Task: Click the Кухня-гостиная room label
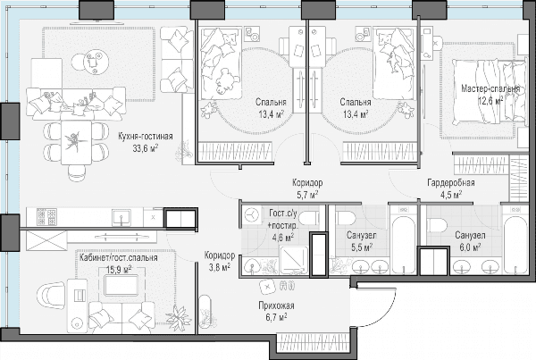146,137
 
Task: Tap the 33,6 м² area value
146,148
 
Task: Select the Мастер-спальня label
490,89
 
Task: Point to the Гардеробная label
451,182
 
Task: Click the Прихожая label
276,306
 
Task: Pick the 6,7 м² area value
276,317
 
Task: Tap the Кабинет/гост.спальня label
119,257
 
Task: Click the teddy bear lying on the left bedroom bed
225,81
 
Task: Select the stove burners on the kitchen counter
46,217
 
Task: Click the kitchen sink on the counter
121,217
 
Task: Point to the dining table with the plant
76,143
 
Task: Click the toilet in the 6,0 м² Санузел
437,226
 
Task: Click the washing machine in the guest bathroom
252,215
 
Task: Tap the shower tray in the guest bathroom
293,260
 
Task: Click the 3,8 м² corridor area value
219,267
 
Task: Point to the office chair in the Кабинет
52,296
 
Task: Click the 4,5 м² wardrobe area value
451,194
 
